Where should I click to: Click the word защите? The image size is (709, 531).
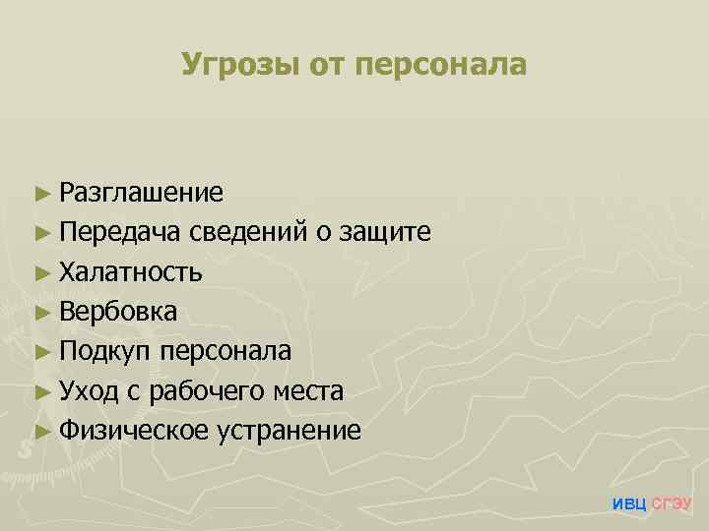coord(385,232)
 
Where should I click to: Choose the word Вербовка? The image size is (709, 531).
coord(118,312)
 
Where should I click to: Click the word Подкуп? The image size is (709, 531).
coord(105,351)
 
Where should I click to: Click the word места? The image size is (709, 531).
coord(309,391)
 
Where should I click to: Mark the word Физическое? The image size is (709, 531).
coord(133,431)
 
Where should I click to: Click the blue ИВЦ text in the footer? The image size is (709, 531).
coord(629,503)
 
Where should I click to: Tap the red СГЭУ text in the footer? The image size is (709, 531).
coord(673,503)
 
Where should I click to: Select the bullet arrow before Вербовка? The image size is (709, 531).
coord(39,313)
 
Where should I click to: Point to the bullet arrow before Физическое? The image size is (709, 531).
coord(39,432)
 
